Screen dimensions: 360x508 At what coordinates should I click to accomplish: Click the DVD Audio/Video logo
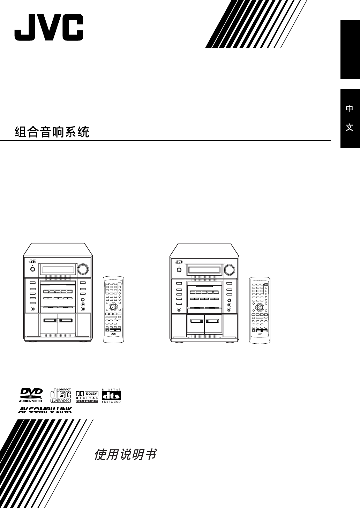tap(31, 396)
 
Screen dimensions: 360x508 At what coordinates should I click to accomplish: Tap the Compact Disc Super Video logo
tap(61, 396)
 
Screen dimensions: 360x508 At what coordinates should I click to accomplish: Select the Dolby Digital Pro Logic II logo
tap(88, 396)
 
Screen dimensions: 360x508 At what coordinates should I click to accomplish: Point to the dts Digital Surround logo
tap(111, 396)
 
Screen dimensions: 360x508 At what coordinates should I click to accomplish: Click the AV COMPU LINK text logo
tap(45, 410)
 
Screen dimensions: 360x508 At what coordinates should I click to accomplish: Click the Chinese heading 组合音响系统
tap(52, 132)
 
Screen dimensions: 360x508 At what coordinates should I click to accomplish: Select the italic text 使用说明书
tap(125, 454)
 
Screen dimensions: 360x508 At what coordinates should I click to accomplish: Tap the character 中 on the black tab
tap(350, 109)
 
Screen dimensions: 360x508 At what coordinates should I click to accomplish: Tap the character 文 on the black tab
tap(350, 127)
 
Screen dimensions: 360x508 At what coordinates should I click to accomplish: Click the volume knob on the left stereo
tap(83, 269)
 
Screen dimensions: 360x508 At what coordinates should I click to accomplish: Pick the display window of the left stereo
tap(58, 269)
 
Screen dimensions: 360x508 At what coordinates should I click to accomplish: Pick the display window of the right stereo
tap(204, 270)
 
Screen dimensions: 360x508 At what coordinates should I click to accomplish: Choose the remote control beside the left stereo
tap(113, 309)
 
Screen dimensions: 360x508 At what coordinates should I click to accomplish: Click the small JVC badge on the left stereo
tap(32, 261)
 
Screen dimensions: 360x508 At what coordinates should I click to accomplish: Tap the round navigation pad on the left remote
tap(113, 307)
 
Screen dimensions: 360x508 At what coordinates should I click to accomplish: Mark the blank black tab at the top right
tap(350, 49)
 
